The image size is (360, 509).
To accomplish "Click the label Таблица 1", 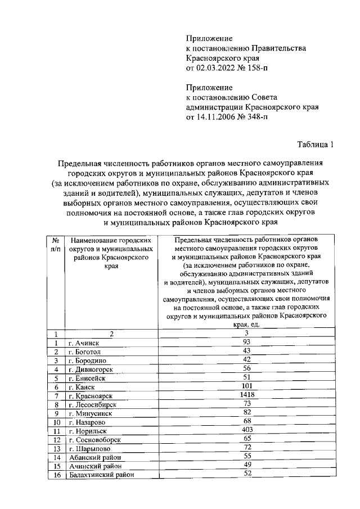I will (316, 145).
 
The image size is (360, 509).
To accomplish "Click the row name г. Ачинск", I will (84, 343).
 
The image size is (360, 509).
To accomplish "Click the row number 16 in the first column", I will (56, 474).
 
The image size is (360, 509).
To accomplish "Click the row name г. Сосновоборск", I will (93, 439).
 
